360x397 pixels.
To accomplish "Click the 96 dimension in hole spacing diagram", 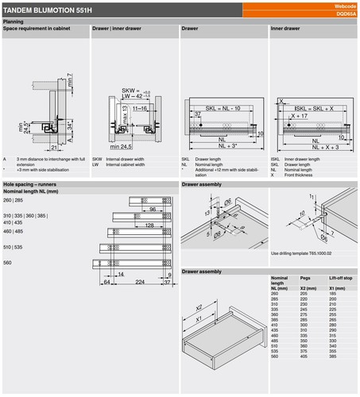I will point(151,208).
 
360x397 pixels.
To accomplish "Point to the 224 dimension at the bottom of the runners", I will point(140,281).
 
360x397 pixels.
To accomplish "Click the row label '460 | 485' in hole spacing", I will point(14,231).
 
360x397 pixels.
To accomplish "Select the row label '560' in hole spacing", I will point(8,261).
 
